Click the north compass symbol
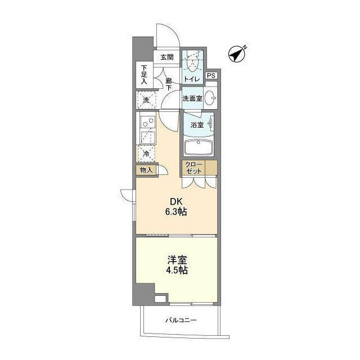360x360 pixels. click(x=237, y=54)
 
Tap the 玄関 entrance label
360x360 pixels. click(x=167, y=57)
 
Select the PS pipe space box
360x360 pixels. click(x=211, y=75)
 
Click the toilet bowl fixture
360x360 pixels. click(x=192, y=64)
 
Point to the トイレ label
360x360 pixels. click(x=192, y=79)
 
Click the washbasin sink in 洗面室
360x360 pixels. click(x=210, y=98)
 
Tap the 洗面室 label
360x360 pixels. click(x=192, y=98)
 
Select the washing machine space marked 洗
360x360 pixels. click(x=146, y=100)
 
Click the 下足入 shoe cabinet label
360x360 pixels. click(x=144, y=75)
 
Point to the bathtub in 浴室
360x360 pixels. click(x=199, y=147)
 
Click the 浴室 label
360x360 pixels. click(x=197, y=125)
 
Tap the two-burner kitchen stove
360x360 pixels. click(x=147, y=122)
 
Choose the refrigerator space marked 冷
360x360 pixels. click(x=146, y=154)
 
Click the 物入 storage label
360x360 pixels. click(x=146, y=170)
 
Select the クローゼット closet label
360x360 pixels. click(x=194, y=168)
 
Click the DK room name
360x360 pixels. click(x=176, y=202)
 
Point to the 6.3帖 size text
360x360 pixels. click(x=176, y=211)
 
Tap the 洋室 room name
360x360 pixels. click(x=177, y=260)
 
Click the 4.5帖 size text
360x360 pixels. click(x=177, y=271)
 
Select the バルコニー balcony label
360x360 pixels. click(x=181, y=320)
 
